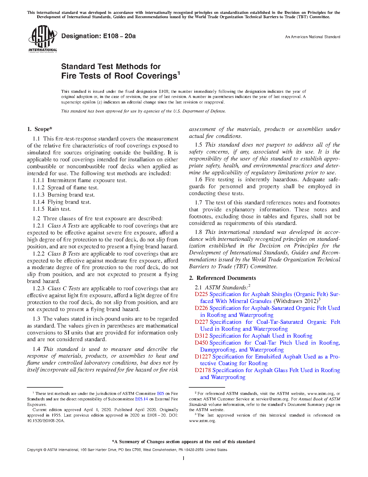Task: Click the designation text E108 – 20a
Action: [x=98, y=36]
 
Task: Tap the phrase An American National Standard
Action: [x=312, y=37]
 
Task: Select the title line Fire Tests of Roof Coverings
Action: [x=119, y=76]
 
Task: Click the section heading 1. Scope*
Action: [x=40, y=129]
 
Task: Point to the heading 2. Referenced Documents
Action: [x=222, y=278]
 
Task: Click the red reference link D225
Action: [x=201, y=294]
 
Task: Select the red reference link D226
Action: [x=201, y=308]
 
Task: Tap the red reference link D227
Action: [x=201, y=322]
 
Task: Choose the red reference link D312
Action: [x=201, y=336]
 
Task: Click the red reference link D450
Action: [x=201, y=343]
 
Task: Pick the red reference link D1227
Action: [x=203, y=357]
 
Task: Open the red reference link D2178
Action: [x=203, y=370]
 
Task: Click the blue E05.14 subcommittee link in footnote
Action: [x=141, y=399]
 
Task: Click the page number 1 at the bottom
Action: [x=184, y=458]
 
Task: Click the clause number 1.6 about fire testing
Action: [x=198, y=180]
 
